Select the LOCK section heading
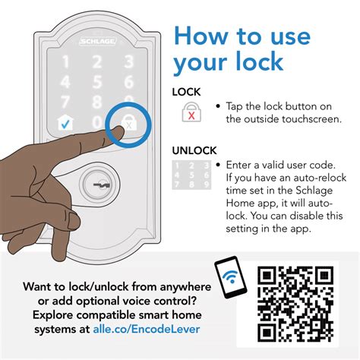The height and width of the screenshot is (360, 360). (186, 92)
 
